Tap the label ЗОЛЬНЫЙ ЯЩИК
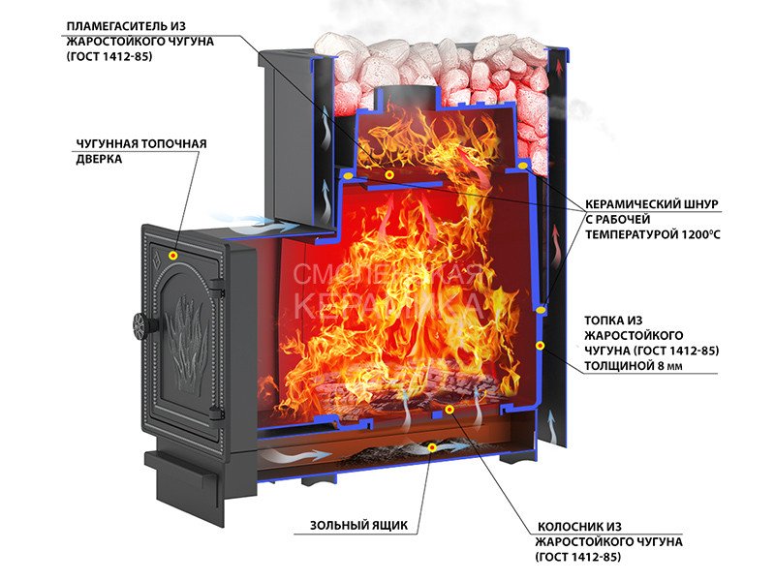coord(358,525)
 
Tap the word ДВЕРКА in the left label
coord(99,159)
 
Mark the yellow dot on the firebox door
coord(173,255)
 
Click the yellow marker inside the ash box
coord(432,447)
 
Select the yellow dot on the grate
coord(449,410)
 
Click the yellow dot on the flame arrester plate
coord(389,174)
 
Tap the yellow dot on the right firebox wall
coord(541,346)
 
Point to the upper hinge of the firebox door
coord(217,284)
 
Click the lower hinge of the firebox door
coord(216,413)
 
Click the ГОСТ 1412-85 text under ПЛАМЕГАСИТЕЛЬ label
coord(108,56)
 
